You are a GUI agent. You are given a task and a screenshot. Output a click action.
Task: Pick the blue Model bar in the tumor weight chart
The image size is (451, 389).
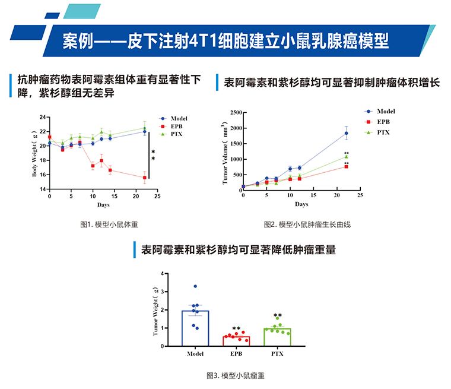195,328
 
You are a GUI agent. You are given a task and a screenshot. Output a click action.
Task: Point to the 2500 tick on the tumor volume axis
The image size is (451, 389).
234,112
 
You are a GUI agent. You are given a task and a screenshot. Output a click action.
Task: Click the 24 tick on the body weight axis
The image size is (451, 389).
42,116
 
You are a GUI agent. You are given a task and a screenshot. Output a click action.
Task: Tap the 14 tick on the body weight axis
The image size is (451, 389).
42,189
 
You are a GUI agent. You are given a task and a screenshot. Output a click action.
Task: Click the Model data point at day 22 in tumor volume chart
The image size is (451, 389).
346,133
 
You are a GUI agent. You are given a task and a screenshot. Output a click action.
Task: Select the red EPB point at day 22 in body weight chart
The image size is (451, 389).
144,178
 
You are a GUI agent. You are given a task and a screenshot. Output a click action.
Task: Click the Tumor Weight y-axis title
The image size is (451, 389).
156,311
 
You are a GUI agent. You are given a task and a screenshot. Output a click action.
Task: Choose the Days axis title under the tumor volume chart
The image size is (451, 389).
301,204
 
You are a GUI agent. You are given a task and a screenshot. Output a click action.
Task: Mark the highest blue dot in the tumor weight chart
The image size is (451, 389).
195,286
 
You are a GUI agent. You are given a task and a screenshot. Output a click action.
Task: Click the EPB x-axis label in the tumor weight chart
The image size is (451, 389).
236,354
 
